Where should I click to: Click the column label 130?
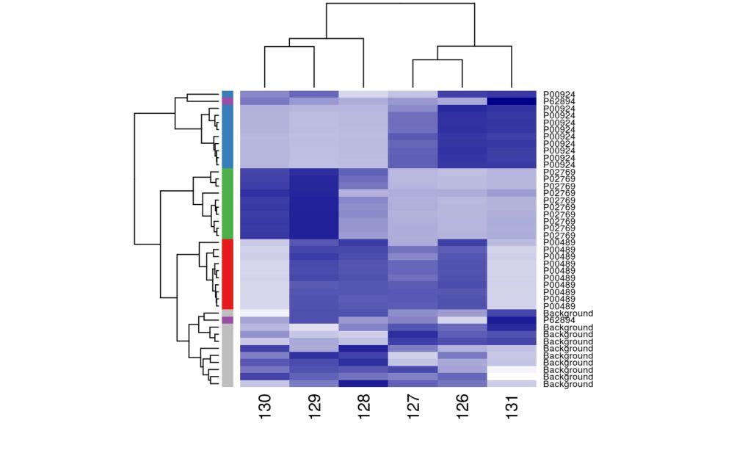tap(265, 407)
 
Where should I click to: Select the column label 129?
tap(315, 407)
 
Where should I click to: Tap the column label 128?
tap(364, 407)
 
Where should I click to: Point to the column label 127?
tap(413, 407)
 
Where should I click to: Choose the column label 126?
tap(462, 407)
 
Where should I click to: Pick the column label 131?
tap(512, 407)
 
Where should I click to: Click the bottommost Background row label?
tap(567, 384)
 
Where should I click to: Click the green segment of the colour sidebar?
tap(228, 203)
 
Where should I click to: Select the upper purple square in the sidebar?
tap(228, 101)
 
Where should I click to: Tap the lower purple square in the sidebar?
tap(228, 320)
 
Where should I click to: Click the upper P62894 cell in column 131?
tap(512, 101)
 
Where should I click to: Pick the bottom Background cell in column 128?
tap(364, 384)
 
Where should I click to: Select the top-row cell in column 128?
tap(364, 94)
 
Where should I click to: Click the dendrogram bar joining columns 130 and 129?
tap(290, 48)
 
